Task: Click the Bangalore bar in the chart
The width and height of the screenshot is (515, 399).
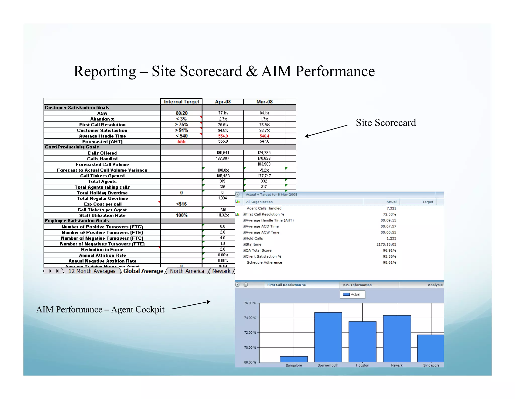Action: coord(294,359)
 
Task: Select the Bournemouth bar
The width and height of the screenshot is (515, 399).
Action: coord(328,337)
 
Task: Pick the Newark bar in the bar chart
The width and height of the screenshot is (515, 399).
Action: coord(397,339)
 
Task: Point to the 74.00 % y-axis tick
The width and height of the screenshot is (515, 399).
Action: coord(250,318)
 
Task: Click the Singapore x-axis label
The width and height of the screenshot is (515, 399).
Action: coord(431,365)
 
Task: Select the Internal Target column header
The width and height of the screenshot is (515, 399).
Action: coord(181,102)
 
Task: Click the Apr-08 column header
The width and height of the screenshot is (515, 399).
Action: coord(223,102)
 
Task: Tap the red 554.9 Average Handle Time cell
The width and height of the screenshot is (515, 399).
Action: coord(223,136)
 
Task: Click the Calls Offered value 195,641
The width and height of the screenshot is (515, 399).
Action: coord(223,153)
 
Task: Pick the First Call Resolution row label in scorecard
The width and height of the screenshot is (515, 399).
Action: coord(102,125)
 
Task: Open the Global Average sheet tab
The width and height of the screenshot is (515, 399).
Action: coord(143,271)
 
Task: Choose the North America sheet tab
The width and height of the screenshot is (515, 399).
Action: coord(187,271)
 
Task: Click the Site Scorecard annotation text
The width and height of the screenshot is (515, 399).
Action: coord(386,123)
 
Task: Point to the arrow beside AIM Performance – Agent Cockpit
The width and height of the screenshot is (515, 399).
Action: coord(191,305)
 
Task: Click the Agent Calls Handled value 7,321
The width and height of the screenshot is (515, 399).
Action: coord(391,208)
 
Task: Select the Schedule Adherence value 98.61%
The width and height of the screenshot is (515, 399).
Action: coord(390,262)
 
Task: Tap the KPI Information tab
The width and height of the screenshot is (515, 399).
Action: coord(357,285)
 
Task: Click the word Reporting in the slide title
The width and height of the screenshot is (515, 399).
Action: coord(105,71)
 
